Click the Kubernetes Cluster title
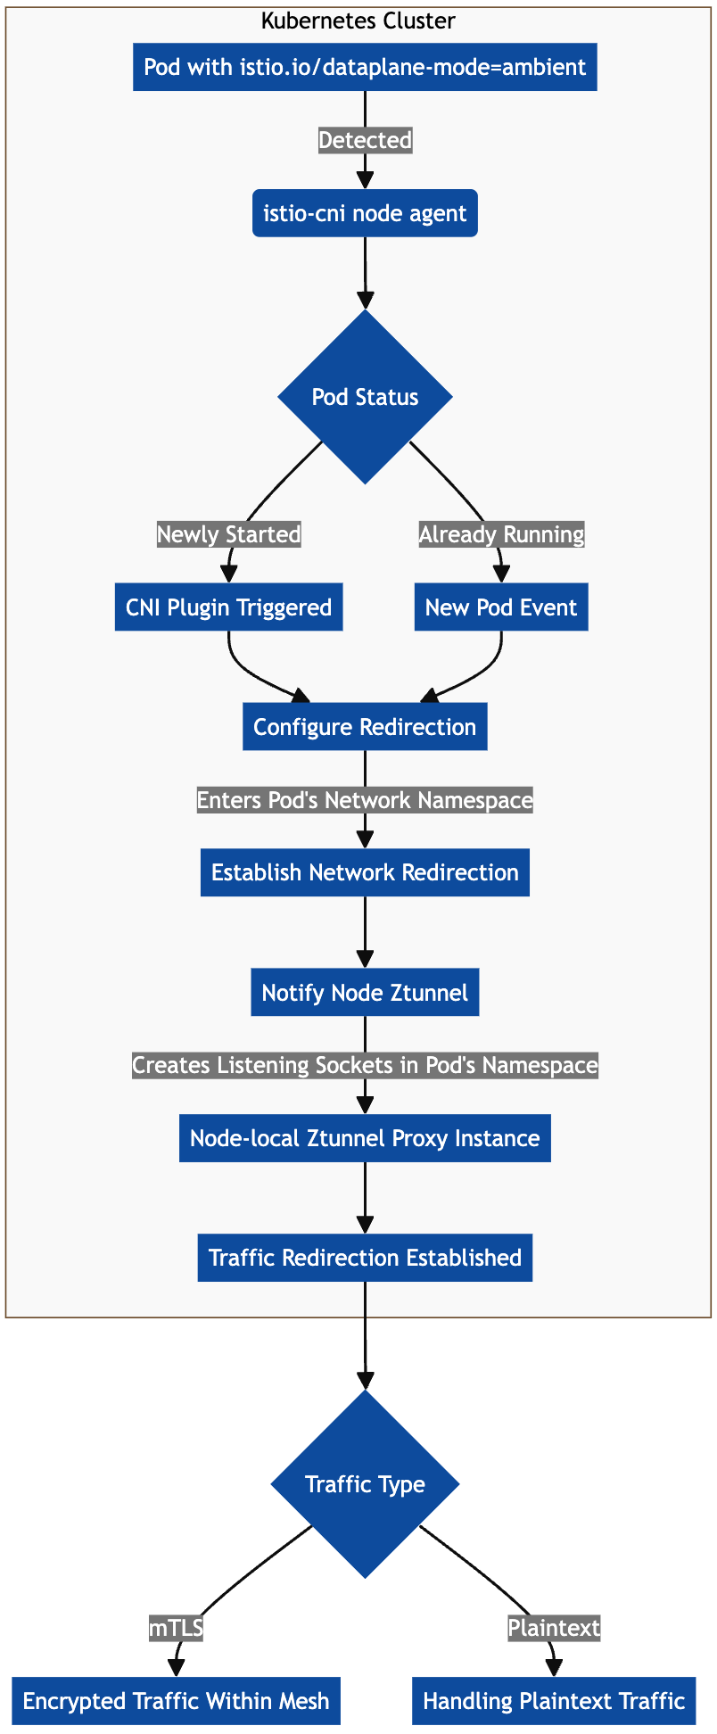tap(358, 21)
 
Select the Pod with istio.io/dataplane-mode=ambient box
tap(365, 67)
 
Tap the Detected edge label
tap(365, 140)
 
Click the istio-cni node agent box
tap(365, 213)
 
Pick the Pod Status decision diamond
tap(365, 397)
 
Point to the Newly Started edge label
tap(229, 534)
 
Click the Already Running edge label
tap(501, 534)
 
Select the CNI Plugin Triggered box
tap(229, 607)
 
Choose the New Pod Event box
tap(501, 607)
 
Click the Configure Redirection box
tap(365, 727)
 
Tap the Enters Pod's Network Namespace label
tap(365, 800)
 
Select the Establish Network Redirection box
tap(365, 872)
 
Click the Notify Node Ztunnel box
tap(365, 992)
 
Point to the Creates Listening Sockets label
tap(365, 1065)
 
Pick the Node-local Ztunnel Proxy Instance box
tap(365, 1138)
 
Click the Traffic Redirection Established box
tap(365, 1258)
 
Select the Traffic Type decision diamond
tap(365, 1484)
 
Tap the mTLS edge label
tap(177, 1628)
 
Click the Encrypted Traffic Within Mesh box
tap(177, 1701)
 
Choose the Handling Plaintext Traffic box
tap(554, 1701)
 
